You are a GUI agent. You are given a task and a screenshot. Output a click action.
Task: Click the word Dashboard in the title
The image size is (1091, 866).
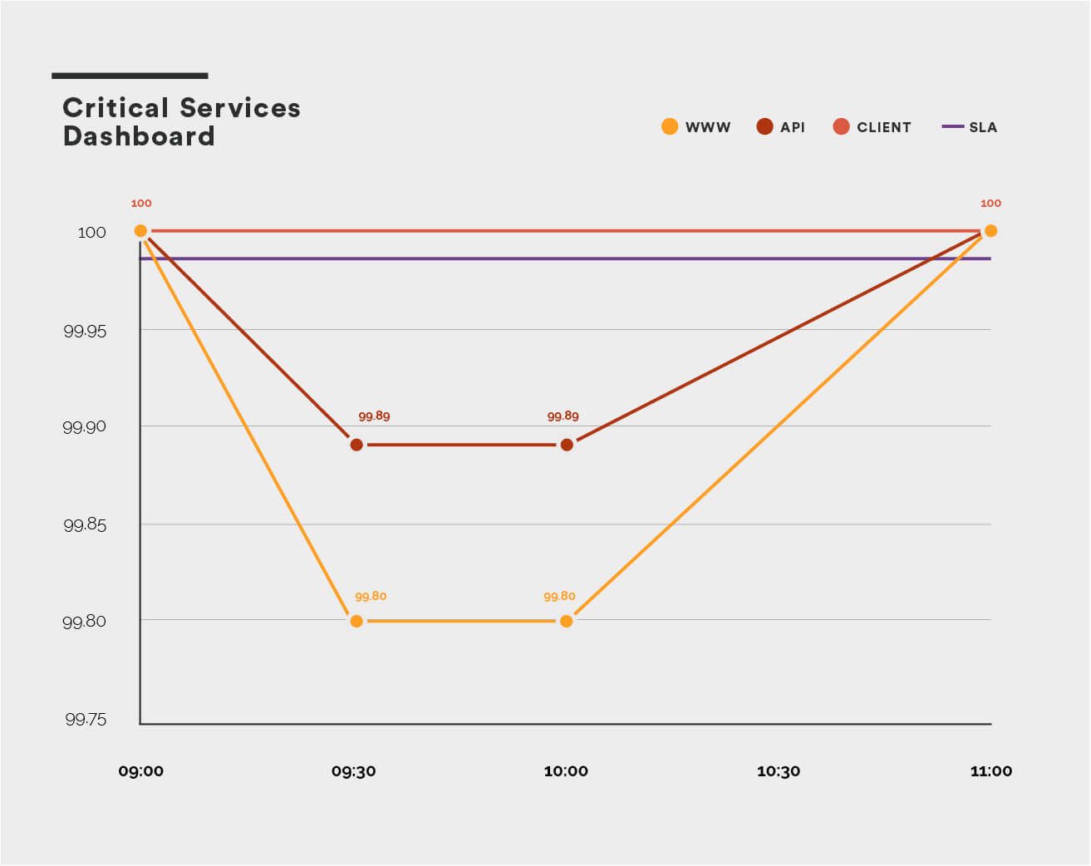click(x=139, y=136)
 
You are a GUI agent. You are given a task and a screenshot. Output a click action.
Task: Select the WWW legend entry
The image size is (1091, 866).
click(x=695, y=127)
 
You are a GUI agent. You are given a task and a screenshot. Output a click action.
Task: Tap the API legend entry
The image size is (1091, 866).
click(x=780, y=127)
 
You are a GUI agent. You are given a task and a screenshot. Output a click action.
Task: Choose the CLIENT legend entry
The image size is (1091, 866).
click(x=872, y=127)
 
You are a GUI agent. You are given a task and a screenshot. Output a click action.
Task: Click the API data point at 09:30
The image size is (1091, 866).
click(x=356, y=445)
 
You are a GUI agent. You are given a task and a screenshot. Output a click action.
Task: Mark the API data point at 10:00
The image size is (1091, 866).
click(x=567, y=445)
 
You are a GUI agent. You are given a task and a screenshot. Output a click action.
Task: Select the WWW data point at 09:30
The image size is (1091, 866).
click(x=356, y=621)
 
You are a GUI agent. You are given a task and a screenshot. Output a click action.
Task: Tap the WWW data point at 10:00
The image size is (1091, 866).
click(x=567, y=621)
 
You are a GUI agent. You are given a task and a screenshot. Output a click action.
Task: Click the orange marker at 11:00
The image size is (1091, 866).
click(x=990, y=231)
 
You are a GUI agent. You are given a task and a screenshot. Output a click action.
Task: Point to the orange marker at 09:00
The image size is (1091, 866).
click(x=140, y=231)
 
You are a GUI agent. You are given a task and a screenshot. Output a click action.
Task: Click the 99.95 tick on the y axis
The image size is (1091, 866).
click(x=85, y=331)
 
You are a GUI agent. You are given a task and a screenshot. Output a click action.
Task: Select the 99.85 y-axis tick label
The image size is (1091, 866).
click(x=85, y=525)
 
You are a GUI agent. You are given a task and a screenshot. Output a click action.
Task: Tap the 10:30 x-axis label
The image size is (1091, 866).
click(x=779, y=771)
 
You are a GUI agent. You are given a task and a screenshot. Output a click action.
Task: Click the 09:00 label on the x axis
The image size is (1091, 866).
click(x=141, y=771)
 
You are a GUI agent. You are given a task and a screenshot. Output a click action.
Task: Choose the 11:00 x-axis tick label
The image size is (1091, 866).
click(x=991, y=771)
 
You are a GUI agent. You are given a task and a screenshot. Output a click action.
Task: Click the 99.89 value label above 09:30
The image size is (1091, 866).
click(x=374, y=416)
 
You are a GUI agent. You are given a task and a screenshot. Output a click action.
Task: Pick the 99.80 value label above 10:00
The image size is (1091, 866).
click(x=559, y=597)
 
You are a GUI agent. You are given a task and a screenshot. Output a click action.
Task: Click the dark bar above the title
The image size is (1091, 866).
click(x=130, y=76)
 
